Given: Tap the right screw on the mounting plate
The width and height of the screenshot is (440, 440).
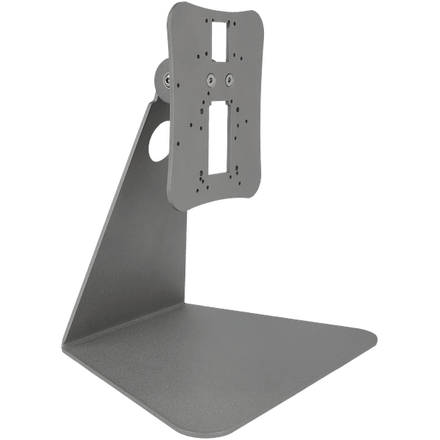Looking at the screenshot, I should pyautogui.click(x=229, y=80).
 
